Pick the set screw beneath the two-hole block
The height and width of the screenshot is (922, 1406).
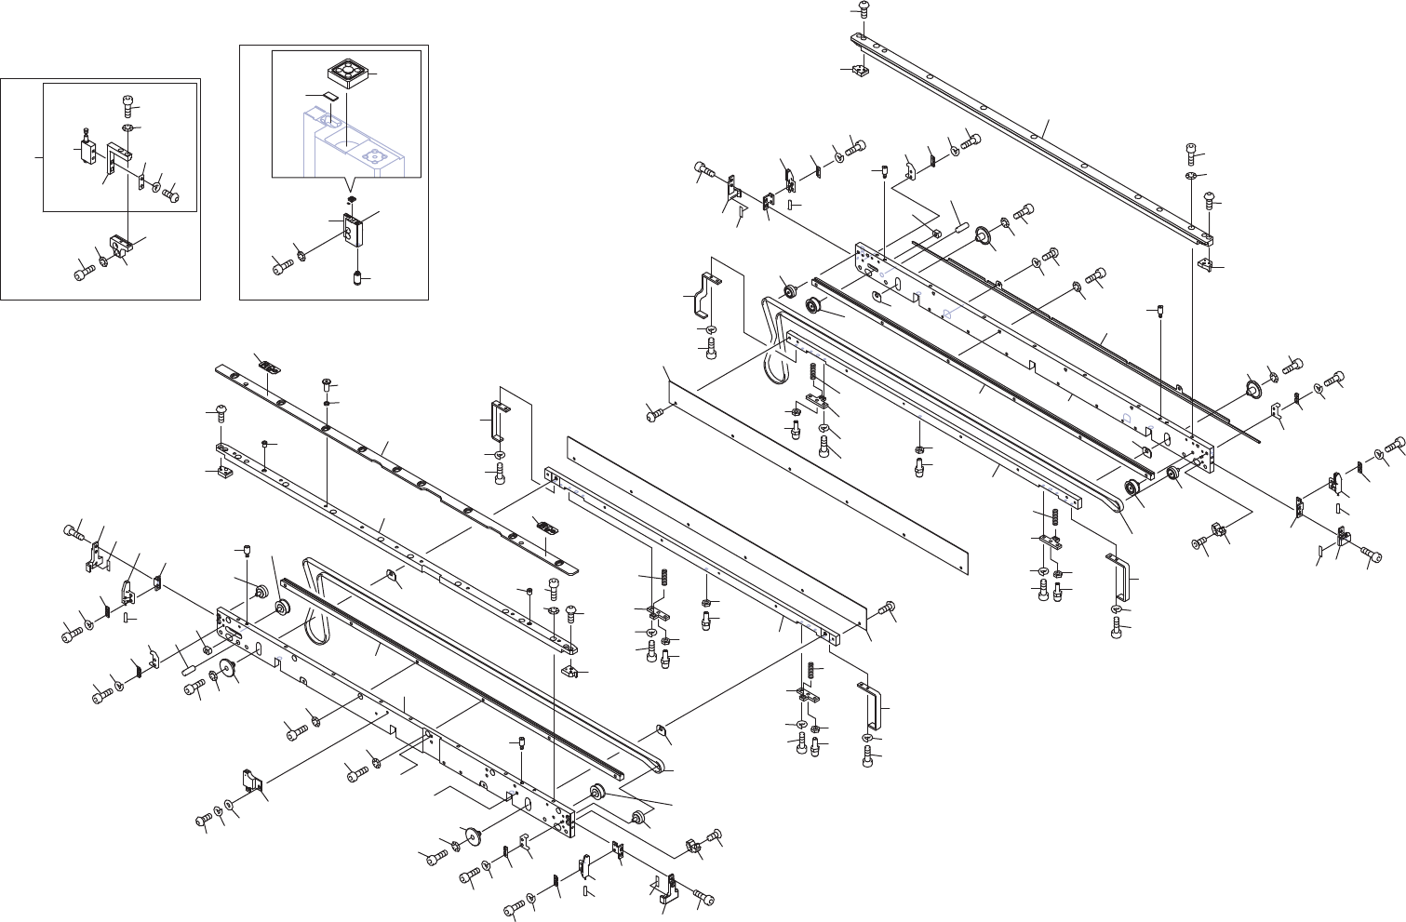tap(358, 278)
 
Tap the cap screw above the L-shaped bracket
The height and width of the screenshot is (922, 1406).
tap(127, 104)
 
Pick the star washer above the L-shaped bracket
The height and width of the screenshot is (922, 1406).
tap(127, 127)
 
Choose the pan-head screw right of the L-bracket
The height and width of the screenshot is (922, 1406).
tap(170, 194)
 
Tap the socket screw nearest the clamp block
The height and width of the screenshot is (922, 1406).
tap(82, 273)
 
